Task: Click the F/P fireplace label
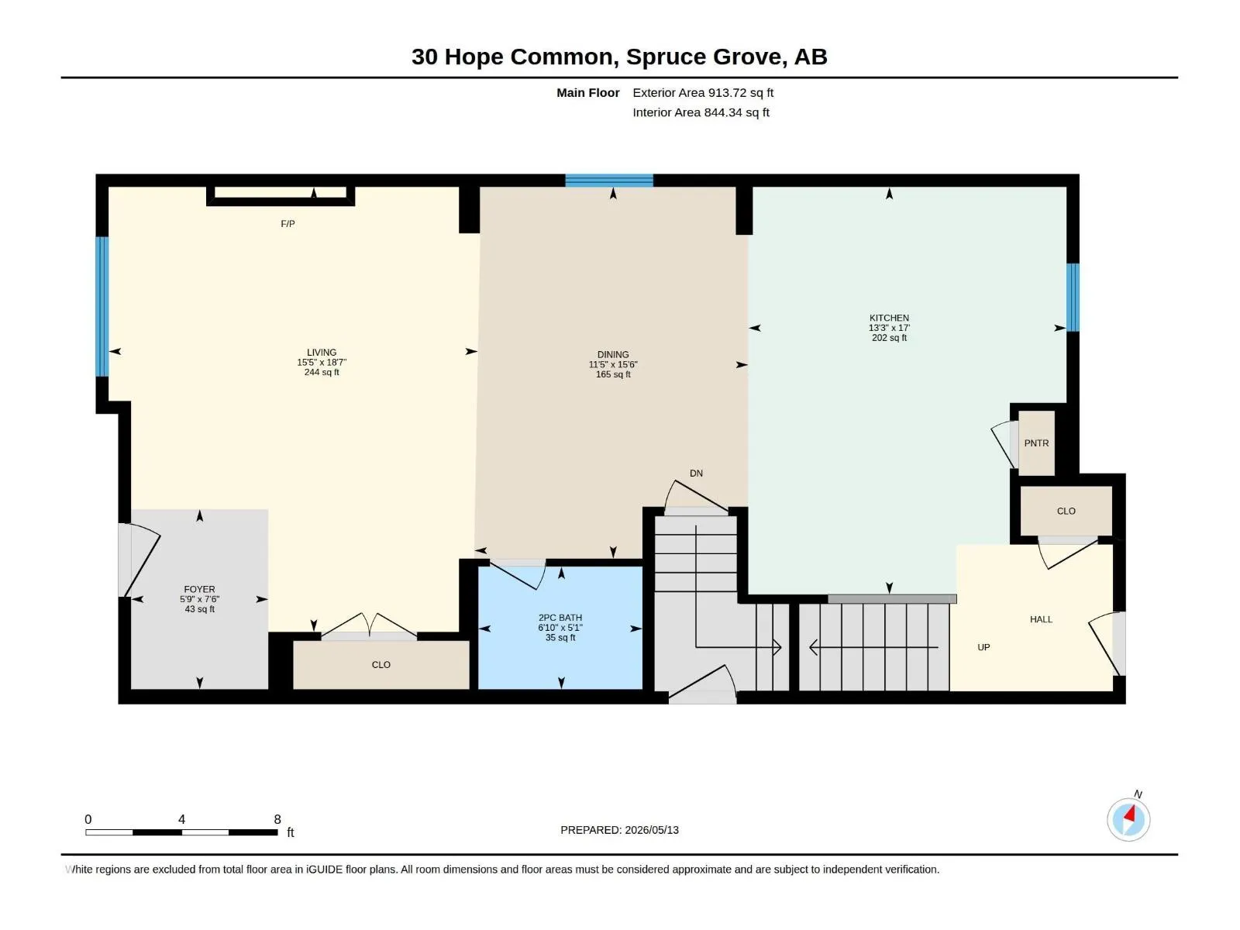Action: (288, 224)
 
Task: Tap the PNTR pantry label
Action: (1037, 444)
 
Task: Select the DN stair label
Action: (696, 474)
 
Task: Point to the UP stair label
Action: (983, 648)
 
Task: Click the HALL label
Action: (1041, 620)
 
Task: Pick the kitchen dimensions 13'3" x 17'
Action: (889, 328)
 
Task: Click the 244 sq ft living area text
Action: (322, 373)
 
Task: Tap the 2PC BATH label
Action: (560, 618)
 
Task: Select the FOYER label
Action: (199, 590)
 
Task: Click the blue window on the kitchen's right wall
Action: (1073, 298)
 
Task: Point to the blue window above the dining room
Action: (609, 181)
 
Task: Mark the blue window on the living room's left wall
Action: (102, 307)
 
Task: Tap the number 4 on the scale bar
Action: (181, 819)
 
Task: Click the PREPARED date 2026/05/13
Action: (652, 831)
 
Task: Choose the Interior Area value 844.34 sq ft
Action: (737, 113)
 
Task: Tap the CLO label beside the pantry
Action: (1066, 511)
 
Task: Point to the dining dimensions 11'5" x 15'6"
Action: (613, 365)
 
